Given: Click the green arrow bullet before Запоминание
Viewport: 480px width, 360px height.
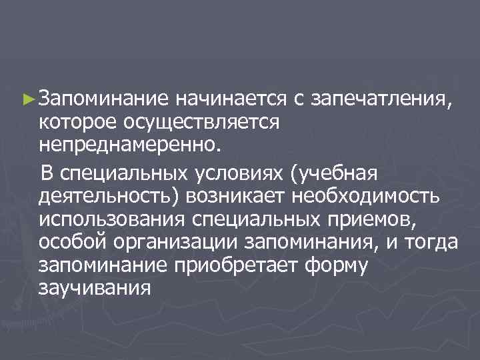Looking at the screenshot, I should click(28, 100).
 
